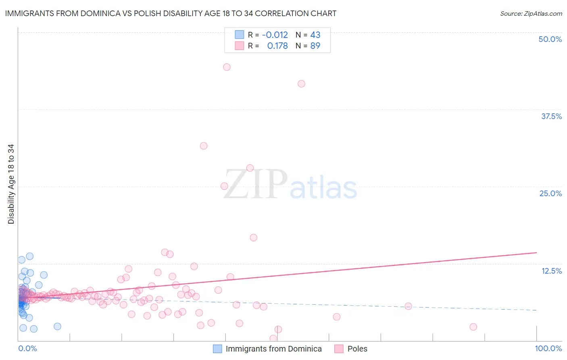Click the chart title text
pos(170,13)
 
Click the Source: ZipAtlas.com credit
pos(531,13)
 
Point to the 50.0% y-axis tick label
pos(550,39)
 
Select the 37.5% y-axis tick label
pos(551,116)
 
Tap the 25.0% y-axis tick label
pos(550,193)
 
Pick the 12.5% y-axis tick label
pos(551,271)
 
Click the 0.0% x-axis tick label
pos(27,348)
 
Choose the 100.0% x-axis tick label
pos(548,348)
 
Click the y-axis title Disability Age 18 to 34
pos(11,184)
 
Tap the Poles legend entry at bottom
pos(357,349)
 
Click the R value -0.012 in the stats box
pos(275,35)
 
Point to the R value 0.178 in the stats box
pos(277,46)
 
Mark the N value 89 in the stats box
pos(315,46)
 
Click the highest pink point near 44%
pos(227,67)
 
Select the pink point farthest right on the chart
pos(473,327)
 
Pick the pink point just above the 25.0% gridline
pos(224,186)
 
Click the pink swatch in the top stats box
pos(240,46)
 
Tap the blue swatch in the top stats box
pos(240,35)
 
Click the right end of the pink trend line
pos(536,252)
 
